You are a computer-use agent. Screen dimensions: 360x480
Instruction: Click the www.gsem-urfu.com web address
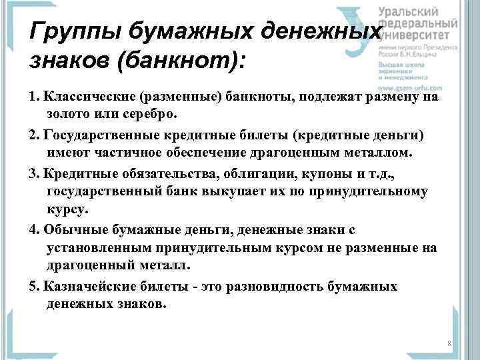tap(411, 87)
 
